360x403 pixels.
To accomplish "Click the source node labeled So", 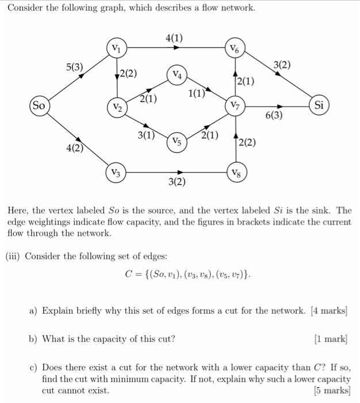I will click(39, 106).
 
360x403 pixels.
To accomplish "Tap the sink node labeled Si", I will click(320, 105).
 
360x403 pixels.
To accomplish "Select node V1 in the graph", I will click(117, 47).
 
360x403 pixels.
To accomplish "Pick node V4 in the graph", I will click(177, 75).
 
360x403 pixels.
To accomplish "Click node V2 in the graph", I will click(117, 108).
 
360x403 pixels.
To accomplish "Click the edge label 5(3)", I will click(75, 67).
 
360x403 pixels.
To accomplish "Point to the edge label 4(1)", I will click(174, 38).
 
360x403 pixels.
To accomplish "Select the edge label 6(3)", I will click(274, 116).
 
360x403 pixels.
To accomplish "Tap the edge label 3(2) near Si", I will click(282, 66).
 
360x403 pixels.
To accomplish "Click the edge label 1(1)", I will click(196, 94).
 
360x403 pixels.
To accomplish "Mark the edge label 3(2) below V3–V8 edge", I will click(177, 183).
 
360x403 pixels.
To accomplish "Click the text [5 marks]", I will click(331, 390).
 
